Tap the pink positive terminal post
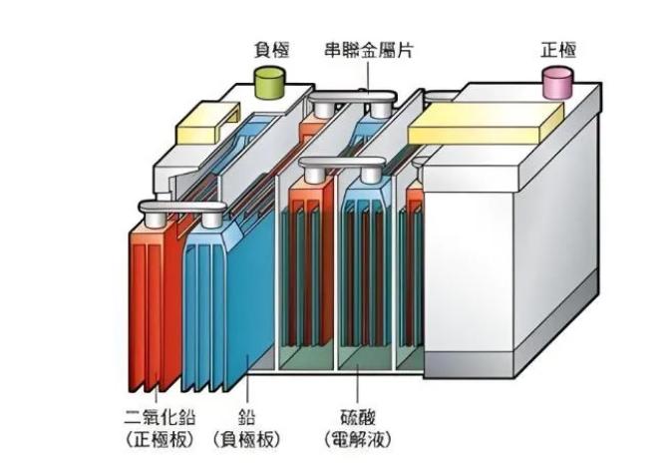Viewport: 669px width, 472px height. click(x=557, y=82)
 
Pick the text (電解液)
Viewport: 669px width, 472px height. click(x=356, y=439)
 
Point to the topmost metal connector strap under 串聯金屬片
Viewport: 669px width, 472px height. click(x=354, y=97)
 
